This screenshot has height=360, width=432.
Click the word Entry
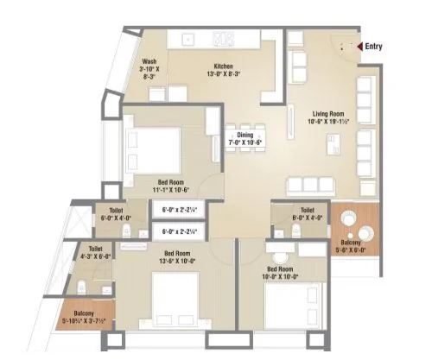point(373,47)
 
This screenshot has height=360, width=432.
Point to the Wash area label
point(150,61)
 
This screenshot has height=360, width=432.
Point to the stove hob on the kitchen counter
point(224,39)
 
